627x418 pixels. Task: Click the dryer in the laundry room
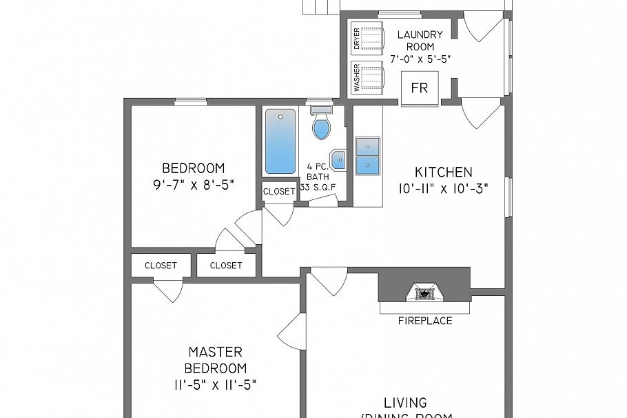pyautogui.click(x=368, y=38)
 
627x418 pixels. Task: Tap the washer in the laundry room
pyautogui.click(x=368, y=76)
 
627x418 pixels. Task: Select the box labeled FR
pyautogui.click(x=419, y=88)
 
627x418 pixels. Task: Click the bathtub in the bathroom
pyautogui.click(x=280, y=141)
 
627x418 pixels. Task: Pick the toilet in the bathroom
pyautogui.click(x=321, y=124)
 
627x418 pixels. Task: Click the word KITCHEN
pyautogui.click(x=443, y=172)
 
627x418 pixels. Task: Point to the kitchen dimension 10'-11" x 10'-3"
pyautogui.click(x=443, y=189)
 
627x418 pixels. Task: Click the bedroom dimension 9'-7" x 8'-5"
pyautogui.click(x=193, y=184)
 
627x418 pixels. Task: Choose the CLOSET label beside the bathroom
pyautogui.click(x=279, y=192)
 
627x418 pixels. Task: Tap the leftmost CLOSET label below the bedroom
pyautogui.click(x=161, y=266)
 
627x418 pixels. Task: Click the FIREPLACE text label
pyautogui.click(x=425, y=321)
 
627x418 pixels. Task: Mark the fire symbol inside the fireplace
pyautogui.click(x=425, y=294)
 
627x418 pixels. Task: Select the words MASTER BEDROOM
pyautogui.click(x=216, y=360)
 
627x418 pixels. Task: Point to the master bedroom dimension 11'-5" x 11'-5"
pyautogui.click(x=216, y=384)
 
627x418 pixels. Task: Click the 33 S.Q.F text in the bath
pyautogui.click(x=318, y=186)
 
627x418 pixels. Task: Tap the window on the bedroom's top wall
pyautogui.click(x=191, y=102)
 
